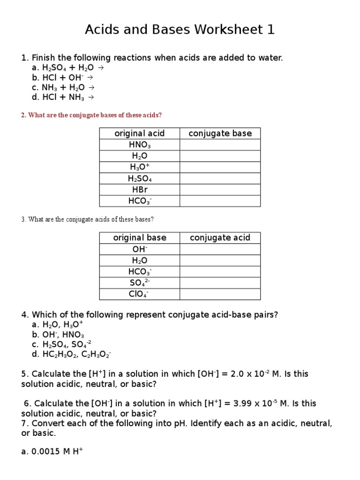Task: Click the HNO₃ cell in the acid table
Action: tap(139, 145)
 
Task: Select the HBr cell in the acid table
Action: tap(139, 190)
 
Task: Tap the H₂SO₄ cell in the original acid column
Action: tap(139, 179)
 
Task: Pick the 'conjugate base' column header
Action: tap(220, 134)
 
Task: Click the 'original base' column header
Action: tap(139, 238)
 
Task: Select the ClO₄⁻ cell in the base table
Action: tap(139, 294)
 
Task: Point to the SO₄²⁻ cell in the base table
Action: tap(139, 283)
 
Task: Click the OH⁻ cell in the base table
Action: tap(139, 249)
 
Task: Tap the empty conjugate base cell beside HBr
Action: tap(220, 190)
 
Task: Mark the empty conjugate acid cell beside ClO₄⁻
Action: tap(220, 294)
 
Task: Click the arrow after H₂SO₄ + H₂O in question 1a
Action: tap(101, 67)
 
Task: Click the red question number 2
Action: tap(23, 115)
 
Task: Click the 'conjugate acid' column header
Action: tap(220, 238)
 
